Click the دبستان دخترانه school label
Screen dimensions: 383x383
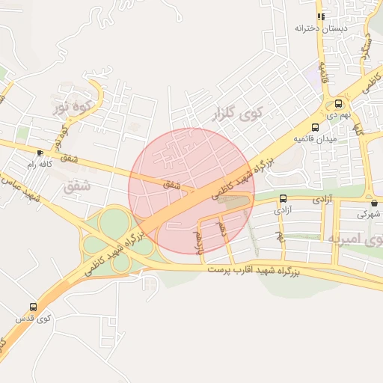click(x=318, y=28)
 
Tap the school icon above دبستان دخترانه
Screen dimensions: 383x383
click(x=320, y=16)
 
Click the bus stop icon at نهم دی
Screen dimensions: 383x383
click(x=338, y=103)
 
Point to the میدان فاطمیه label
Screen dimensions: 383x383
click(x=315, y=139)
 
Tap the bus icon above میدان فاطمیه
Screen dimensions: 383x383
click(x=315, y=127)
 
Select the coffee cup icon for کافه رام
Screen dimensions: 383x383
click(x=40, y=152)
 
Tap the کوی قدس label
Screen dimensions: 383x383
click(x=33, y=319)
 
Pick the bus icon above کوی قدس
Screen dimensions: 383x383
click(x=33, y=307)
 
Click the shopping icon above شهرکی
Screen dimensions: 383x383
click(x=373, y=202)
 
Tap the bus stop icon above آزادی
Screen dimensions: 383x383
click(x=283, y=198)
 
